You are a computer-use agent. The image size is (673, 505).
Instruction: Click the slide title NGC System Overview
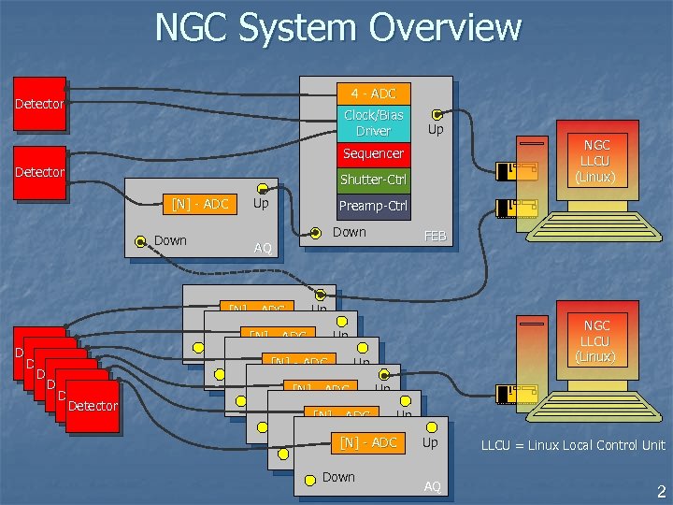(x=337, y=27)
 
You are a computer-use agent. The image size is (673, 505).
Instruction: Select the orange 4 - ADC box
(x=373, y=94)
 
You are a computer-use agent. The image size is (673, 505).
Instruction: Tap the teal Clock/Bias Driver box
(x=373, y=123)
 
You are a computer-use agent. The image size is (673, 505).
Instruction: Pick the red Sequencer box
(x=373, y=153)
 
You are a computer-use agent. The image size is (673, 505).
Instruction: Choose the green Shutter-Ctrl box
(x=373, y=180)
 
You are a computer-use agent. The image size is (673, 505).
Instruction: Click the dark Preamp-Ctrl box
(x=373, y=206)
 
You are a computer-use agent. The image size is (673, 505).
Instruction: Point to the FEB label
(x=436, y=237)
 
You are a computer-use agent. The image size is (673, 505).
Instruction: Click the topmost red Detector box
(x=39, y=104)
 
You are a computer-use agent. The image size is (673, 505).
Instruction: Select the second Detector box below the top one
(x=39, y=172)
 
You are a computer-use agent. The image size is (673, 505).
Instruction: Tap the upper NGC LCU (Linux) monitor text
(x=596, y=160)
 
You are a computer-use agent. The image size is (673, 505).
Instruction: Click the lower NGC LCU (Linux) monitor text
(x=596, y=340)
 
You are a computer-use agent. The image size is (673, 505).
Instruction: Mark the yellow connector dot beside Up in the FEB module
(x=437, y=115)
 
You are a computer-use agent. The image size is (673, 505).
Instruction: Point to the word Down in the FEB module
(x=350, y=232)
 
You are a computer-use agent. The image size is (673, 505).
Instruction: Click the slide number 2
(x=660, y=490)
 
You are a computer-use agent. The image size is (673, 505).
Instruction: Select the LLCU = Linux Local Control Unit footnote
(x=573, y=445)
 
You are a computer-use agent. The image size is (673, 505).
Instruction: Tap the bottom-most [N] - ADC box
(x=368, y=442)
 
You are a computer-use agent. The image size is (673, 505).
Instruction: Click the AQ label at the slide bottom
(x=432, y=486)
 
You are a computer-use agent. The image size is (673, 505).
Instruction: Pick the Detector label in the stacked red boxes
(x=93, y=405)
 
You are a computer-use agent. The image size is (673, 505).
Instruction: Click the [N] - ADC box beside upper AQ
(x=200, y=203)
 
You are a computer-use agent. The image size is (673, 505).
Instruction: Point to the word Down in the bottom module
(x=338, y=477)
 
